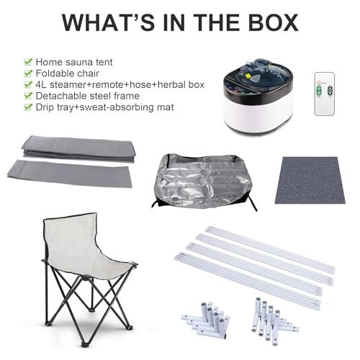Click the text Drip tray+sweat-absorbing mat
[100, 108]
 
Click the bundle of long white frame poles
[259, 263]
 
